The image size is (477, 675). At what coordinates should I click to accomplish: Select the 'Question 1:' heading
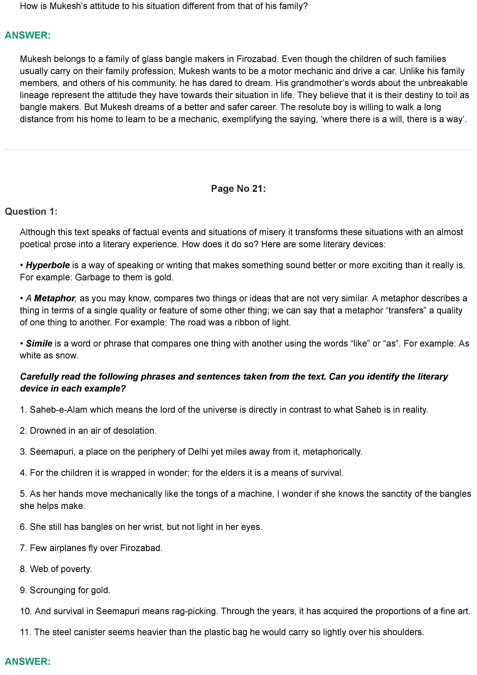(x=31, y=211)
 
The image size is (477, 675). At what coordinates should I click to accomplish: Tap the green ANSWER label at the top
(x=28, y=35)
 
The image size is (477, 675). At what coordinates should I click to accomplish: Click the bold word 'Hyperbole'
(x=48, y=265)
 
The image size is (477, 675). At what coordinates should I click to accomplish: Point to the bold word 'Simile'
(x=39, y=343)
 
